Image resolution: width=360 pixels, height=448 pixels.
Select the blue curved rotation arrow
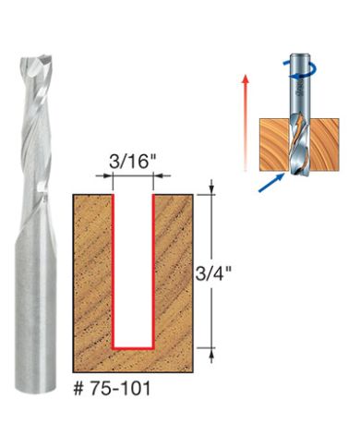point(311,67)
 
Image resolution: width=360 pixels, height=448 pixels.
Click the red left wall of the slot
point(114,268)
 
